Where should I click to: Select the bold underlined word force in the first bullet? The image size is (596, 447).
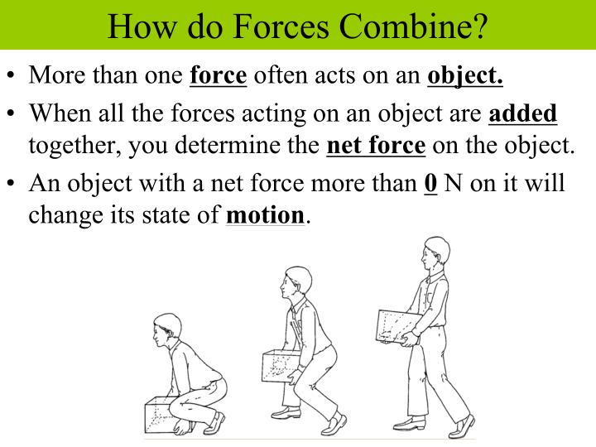click(x=219, y=76)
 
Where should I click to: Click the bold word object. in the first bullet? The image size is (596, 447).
click(x=465, y=76)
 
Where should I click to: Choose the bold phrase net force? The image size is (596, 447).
click(x=376, y=147)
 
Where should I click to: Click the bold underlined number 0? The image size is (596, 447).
click(x=430, y=182)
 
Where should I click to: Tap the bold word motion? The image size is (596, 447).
click(x=265, y=216)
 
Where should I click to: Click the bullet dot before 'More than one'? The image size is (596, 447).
click(x=12, y=77)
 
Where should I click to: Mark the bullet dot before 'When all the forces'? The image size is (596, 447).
click(x=12, y=113)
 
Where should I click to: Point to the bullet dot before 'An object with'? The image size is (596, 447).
click(x=12, y=183)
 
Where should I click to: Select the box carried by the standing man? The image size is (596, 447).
click(x=397, y=328)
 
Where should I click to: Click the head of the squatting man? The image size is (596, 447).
click(x=166, y=329)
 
